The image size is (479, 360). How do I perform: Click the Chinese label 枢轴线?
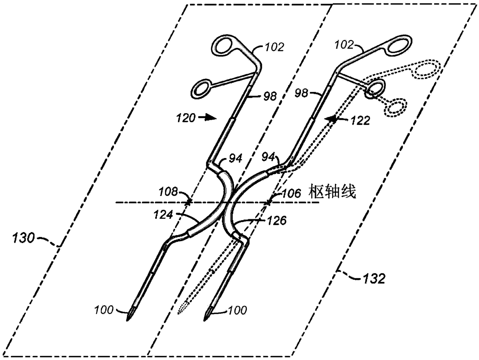pos(332,192)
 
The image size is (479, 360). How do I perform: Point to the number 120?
pos(186,118)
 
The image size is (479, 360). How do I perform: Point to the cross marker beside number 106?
pos(268,202)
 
